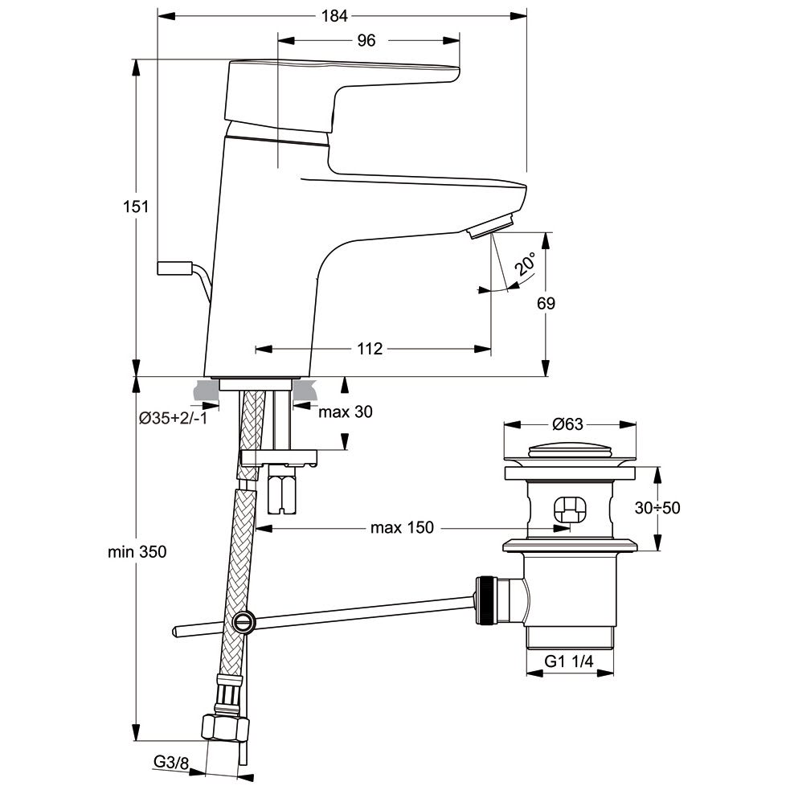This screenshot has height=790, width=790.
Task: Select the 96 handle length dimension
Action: click(366, 41)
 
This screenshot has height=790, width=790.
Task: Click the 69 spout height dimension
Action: click(546, 303)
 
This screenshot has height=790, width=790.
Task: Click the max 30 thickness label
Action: click(346, 411)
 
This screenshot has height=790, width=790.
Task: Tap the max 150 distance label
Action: click(401, 527)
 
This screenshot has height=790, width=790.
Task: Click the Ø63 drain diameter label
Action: click(568, 424)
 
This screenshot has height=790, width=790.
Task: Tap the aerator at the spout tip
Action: click(490, 227)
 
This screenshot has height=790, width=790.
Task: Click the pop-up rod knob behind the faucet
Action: click(174, 268)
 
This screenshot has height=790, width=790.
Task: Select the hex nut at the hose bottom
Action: click(224, 727)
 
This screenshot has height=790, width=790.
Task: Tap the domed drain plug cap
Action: click(569, 449)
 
